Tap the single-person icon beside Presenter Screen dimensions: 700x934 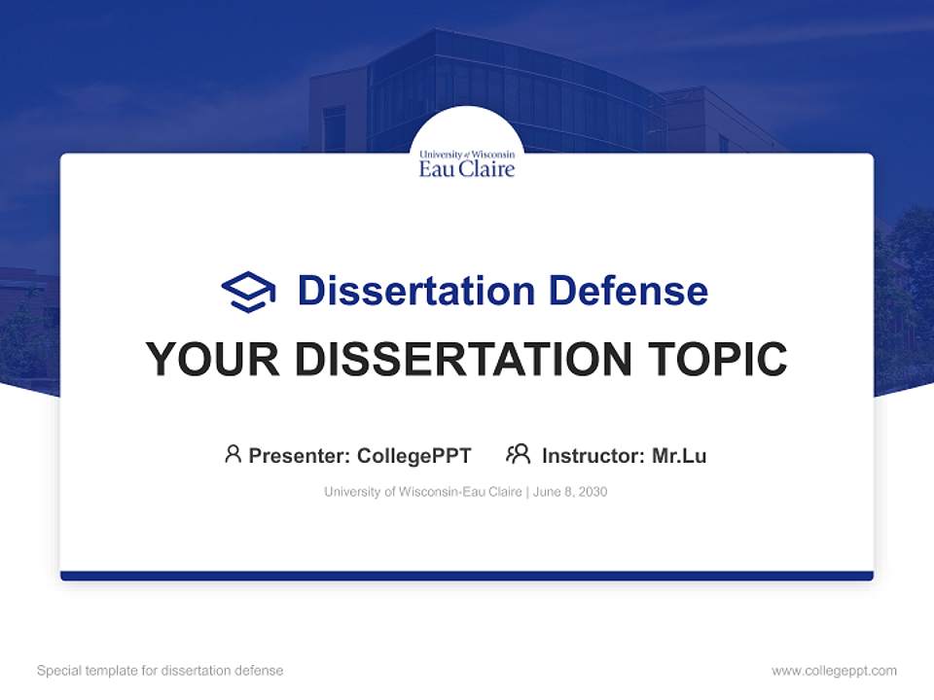233,454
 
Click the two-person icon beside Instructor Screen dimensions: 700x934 519,454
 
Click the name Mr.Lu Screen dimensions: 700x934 679,455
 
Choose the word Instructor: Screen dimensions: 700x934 593,455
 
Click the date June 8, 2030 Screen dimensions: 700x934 570,492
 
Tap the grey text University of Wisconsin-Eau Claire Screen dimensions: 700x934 423,492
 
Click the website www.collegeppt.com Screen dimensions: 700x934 834,671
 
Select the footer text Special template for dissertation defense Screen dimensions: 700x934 161,671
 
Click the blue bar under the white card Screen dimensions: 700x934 467,576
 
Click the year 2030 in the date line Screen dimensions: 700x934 593,492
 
